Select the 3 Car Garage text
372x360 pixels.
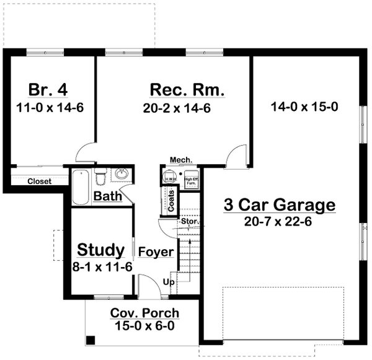click(280, 205)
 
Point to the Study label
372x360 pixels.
click(100, 250)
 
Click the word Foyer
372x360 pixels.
click(151, 252)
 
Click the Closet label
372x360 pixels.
click(39, 181)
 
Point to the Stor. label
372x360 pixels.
click(188, 221)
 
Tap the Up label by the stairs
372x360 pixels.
click(168, 282)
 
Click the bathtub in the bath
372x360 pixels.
click(80, 187)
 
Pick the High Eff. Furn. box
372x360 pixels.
click(191, 180)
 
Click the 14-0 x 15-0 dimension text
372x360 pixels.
click(304, 107)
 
